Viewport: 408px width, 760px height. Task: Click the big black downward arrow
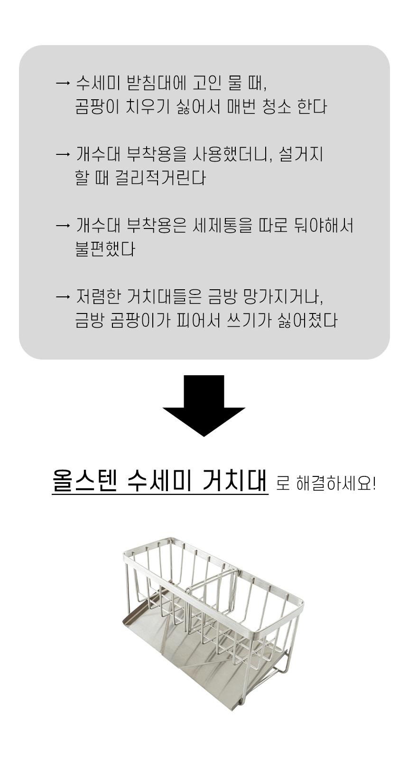coord(204,406)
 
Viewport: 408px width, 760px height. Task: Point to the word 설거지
coord(301,154)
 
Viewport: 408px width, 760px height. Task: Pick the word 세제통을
coord(223,225)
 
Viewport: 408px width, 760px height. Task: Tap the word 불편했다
coord(105,249)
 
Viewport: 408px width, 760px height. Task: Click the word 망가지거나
coord(283,296)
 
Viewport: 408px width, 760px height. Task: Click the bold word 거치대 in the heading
coord(235,480)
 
